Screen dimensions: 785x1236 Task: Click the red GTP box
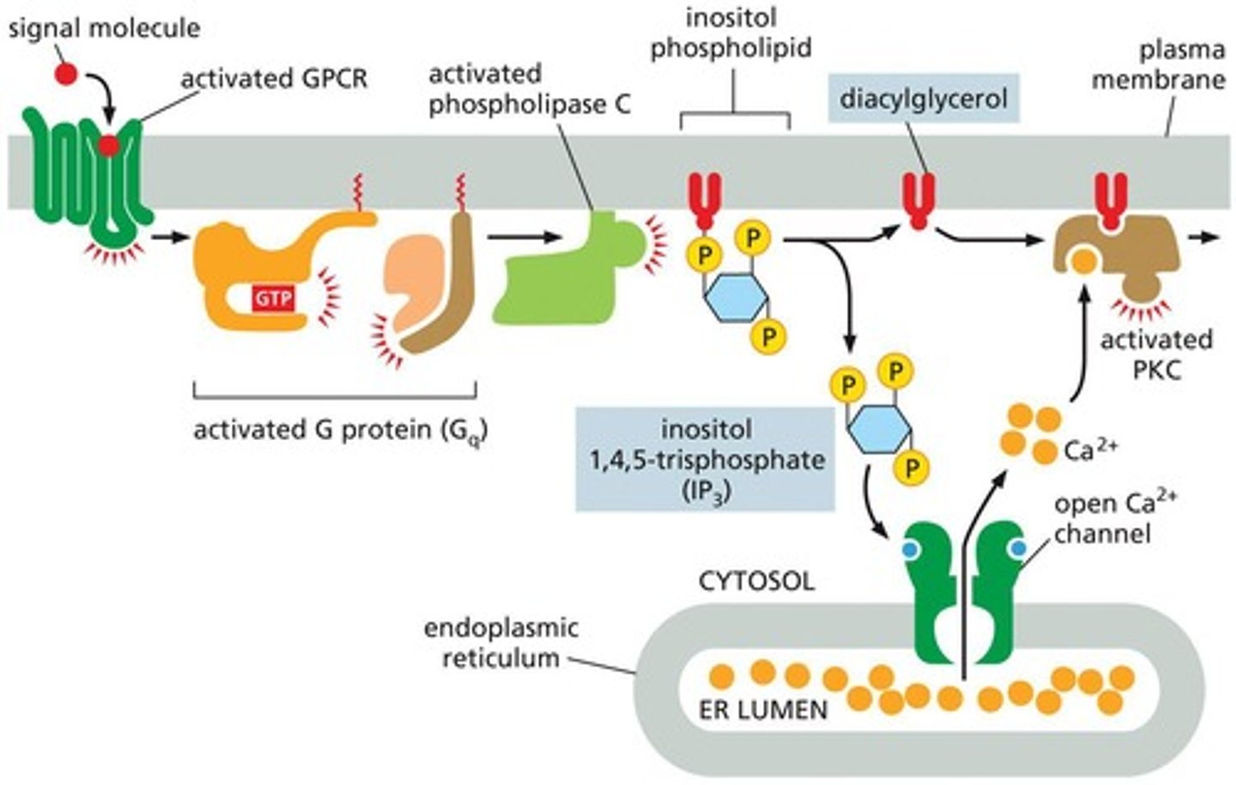273,299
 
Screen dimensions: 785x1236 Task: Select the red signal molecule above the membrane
66,75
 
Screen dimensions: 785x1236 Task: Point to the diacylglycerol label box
923,99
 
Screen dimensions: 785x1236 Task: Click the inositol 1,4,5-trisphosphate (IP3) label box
705,459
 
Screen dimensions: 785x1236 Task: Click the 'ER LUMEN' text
764,709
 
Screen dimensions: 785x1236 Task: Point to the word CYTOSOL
755,581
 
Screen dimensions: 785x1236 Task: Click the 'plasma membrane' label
1180,65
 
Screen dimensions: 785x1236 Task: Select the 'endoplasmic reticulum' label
500,643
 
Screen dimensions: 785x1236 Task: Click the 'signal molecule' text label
103,27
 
